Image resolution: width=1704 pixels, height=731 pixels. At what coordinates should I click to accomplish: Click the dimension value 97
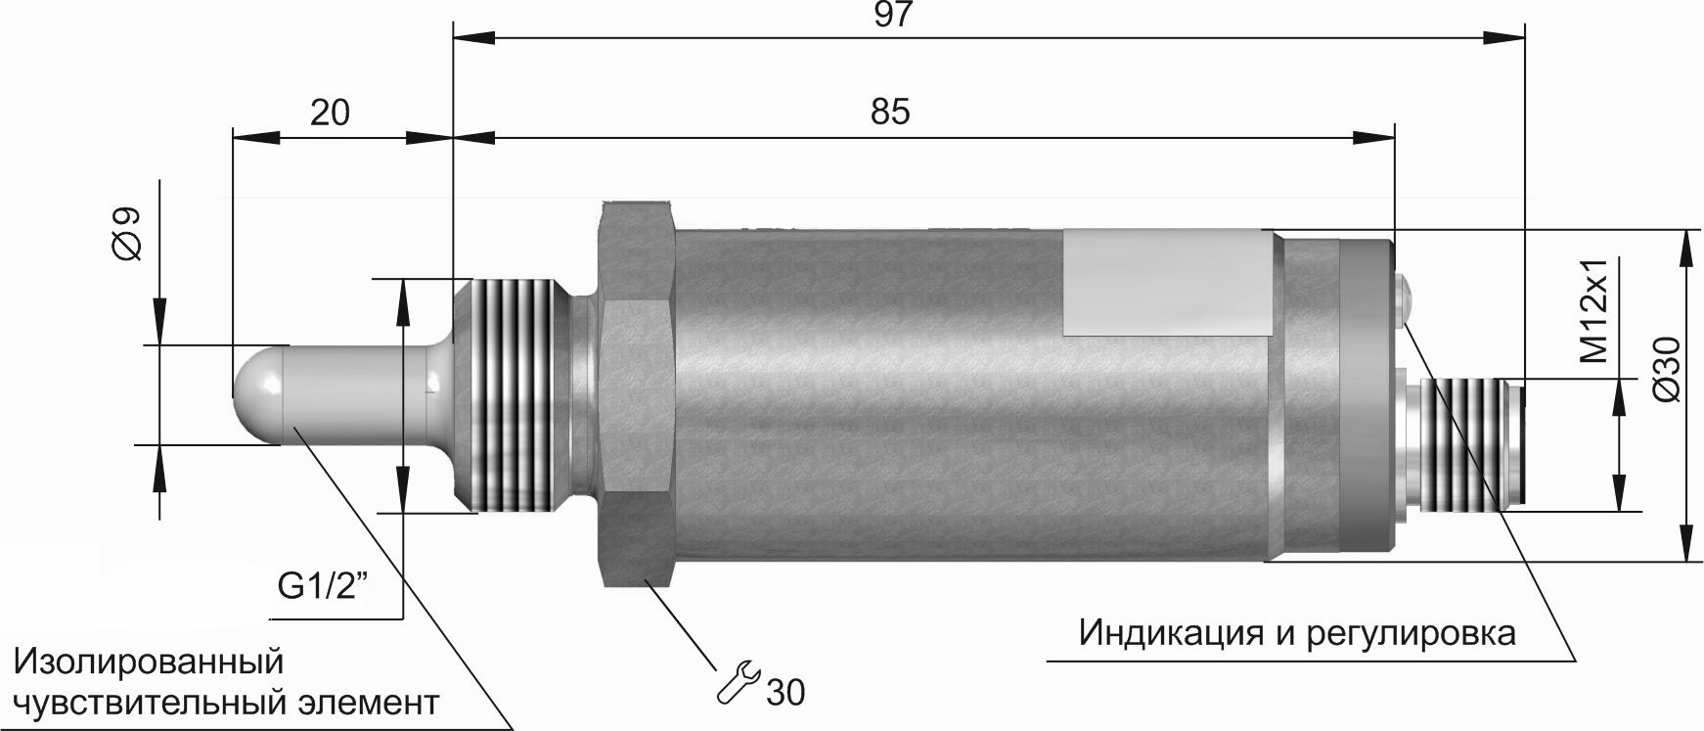coord(893,16)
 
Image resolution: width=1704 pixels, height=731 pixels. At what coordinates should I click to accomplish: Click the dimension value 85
coord(890,112)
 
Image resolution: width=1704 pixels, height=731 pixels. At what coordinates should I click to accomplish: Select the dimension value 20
coord(330,113)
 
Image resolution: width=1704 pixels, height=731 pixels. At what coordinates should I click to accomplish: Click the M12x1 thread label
coord(1595,311)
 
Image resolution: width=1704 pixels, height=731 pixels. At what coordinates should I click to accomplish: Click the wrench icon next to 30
coord(738,683)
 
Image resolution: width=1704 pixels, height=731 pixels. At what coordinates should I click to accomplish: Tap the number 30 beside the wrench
coord(785,693)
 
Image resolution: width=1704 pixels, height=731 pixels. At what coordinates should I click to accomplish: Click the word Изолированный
coord(149,661)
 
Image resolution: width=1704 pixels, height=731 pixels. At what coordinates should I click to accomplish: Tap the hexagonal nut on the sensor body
coord(636,391)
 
